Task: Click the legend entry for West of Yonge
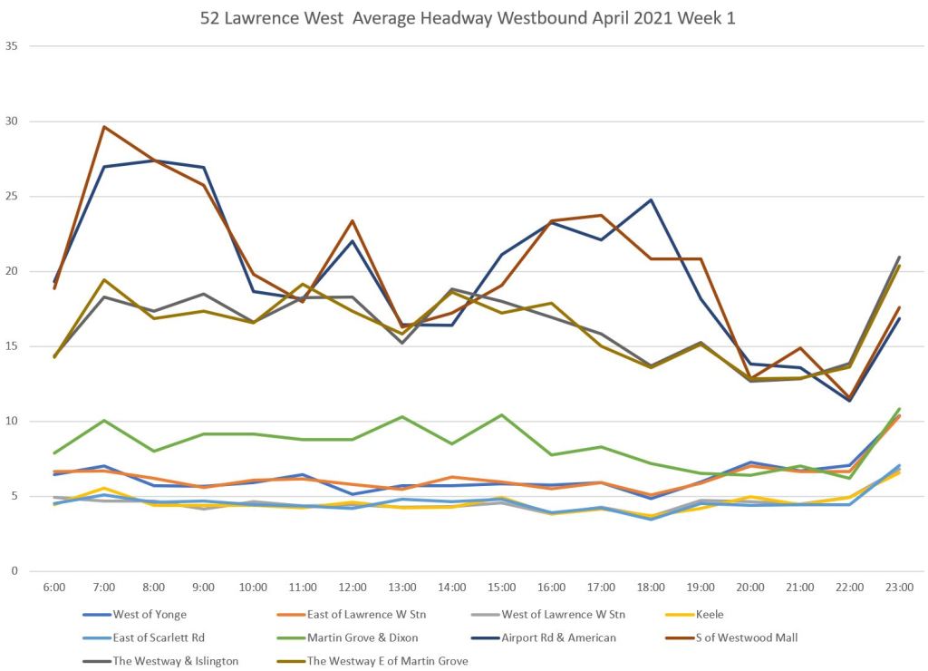coord(150,615)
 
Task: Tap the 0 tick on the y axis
coord(14,571)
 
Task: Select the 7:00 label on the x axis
coord(104,588)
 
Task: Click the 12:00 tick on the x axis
coord(352,588)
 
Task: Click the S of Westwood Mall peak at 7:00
coord(104,127)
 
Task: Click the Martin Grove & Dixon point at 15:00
coord(501,415)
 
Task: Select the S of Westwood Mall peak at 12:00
coord(352,221)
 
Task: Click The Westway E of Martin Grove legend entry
coord(387,660)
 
